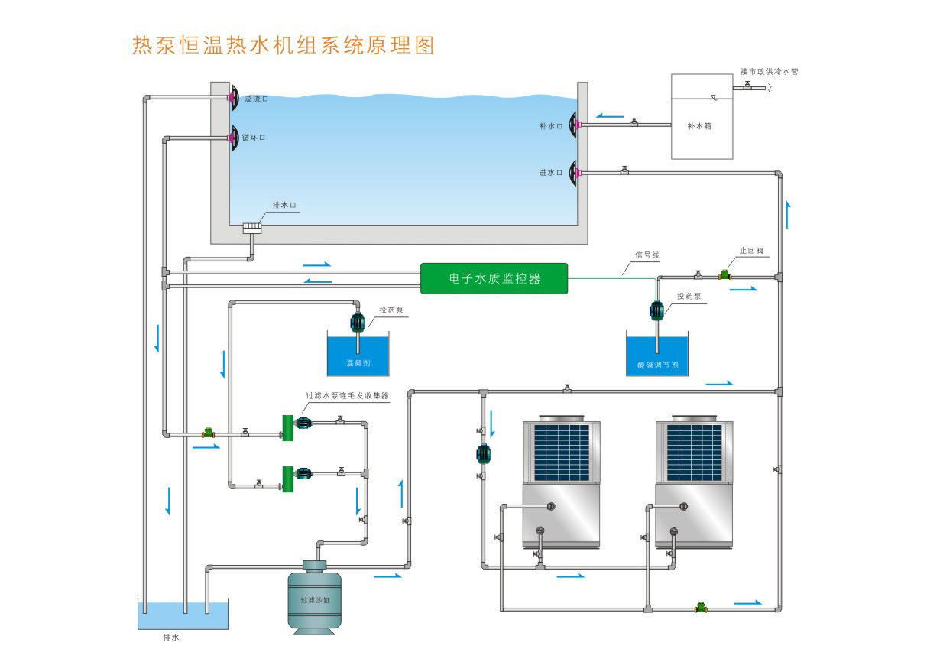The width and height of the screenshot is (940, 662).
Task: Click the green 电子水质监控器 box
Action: point(494,279)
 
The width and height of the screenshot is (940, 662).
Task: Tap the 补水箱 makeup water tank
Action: point(701,117)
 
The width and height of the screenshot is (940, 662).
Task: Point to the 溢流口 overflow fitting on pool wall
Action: point(235,97)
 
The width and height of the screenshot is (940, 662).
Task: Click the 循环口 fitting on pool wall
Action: point(235,138)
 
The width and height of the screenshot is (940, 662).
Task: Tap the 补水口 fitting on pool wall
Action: point(572,125)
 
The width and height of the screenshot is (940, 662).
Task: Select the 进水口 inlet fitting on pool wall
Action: point(572,172)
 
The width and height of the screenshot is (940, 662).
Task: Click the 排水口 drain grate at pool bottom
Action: point(252,228)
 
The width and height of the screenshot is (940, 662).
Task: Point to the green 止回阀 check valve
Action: point(723,274)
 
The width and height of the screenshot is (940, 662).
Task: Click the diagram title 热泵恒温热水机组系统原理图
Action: point(284,45)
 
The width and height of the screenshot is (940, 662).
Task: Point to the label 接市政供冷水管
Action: point(769,72)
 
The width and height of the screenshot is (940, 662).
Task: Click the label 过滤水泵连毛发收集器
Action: point(348,396)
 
